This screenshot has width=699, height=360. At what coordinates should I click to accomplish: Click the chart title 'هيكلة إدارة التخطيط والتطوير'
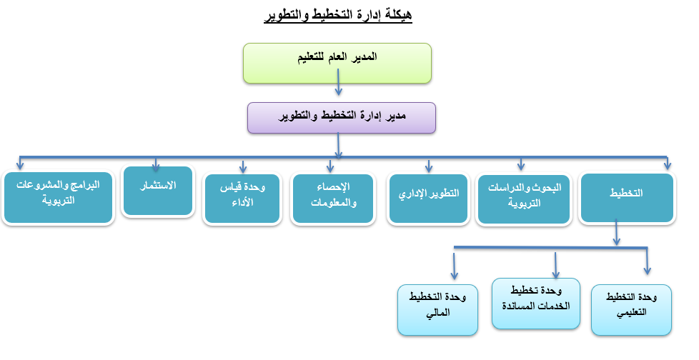click(x=338, y=15)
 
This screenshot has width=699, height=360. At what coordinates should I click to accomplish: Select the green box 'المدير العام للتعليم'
click(x=337, y=64)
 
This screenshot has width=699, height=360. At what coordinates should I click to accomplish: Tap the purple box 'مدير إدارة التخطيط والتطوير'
click(x=342, y=118)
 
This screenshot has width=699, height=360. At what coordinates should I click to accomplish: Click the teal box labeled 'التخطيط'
click(x=628, y=198)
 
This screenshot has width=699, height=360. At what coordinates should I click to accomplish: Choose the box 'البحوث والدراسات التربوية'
click(x=524, y=199)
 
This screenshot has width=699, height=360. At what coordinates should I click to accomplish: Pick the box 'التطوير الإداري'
click(x=428, y=199)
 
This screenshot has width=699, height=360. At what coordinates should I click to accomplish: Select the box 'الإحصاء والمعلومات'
click(x=333, y=199)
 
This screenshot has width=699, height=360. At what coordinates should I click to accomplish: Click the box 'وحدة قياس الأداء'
click(x=242, y=199)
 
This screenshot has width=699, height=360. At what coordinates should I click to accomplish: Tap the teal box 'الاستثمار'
click(x=158, y=191)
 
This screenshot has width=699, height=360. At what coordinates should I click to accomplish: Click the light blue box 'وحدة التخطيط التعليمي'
click(x=631, y=310)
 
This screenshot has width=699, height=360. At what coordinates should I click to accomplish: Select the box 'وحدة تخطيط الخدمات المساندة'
click(x=536, y=304)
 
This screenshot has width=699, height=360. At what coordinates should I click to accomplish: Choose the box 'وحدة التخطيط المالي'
click(x=437, y=310)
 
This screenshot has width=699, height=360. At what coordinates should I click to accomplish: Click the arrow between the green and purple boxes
click(x=338, y=82)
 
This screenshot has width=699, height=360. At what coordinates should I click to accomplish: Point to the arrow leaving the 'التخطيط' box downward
click(x=617, y=232)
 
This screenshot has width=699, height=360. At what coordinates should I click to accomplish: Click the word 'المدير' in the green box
click(x=365, y=56)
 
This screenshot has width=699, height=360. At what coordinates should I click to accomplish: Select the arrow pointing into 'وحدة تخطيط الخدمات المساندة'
click(x=555, y=266)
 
